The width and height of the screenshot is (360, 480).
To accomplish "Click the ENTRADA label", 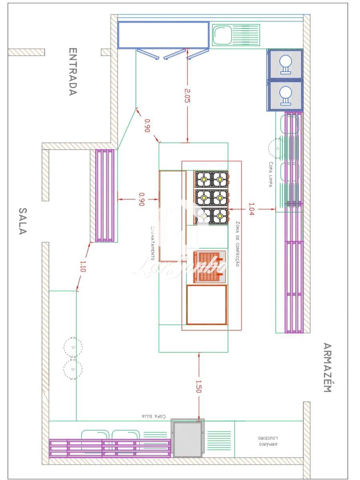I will [x=72, y=72].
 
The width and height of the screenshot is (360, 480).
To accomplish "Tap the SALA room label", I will [x=23, y=221].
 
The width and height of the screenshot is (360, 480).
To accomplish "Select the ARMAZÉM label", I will [x=327, y=368].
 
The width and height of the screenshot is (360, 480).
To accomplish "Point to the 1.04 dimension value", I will [x=251, y=209].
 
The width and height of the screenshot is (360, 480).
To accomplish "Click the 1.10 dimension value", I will [x=83, y=266].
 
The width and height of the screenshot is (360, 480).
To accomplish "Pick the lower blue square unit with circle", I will [x=285, y=96].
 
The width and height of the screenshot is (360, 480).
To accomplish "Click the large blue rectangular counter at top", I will [x=163, y=35].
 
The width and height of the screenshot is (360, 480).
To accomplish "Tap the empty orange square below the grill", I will [x=207, y=305].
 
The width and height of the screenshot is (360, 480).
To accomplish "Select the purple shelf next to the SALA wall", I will [x=105, y=196].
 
